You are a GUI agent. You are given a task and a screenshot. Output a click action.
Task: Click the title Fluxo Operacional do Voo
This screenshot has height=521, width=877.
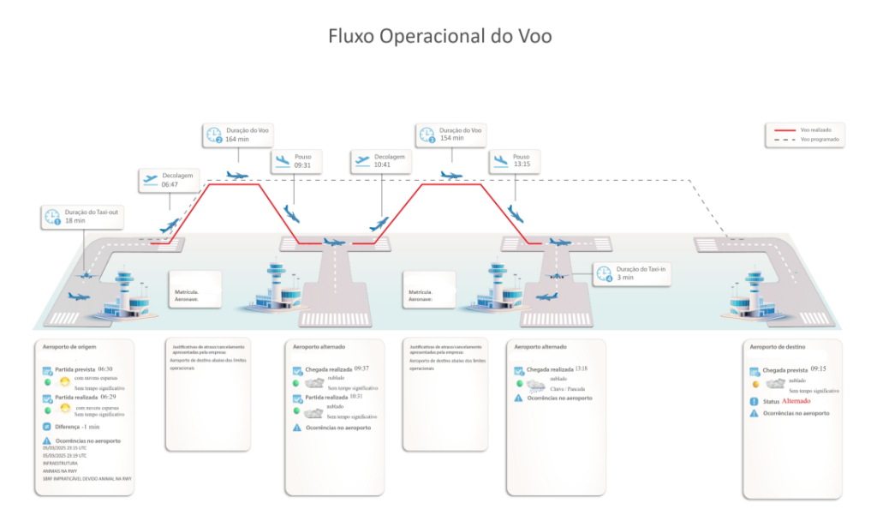pyautogui.click(x=440, y=36)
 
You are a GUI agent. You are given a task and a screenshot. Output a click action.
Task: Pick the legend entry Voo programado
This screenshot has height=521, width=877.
pyautogui.click(x=820, y=139)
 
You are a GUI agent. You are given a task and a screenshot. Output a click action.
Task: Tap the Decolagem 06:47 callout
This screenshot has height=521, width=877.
pyautogui.click(x=166, y=180)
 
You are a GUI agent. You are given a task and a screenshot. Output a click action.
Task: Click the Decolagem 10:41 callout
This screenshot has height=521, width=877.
pyautogui.click(x=379, y=162)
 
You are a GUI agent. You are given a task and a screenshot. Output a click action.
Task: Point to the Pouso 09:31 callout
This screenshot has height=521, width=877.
pyautogui.click(x=296, y=162)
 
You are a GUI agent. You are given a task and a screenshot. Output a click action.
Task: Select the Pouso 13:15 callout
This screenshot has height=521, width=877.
pyautogui.click(x=515, y=162)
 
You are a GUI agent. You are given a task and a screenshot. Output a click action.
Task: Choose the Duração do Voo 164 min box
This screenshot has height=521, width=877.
pyautogui.click(x=236, y=135)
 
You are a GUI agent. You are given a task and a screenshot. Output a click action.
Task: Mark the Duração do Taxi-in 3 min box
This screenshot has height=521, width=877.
pyautogui.click(x=624, y=273)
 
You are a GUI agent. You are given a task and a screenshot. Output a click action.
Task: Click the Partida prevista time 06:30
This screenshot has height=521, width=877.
pyautogui.click(x=105, y=368)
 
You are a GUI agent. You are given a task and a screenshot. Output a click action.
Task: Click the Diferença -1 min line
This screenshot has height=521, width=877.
pyautogui.click(x=78, y=426)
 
